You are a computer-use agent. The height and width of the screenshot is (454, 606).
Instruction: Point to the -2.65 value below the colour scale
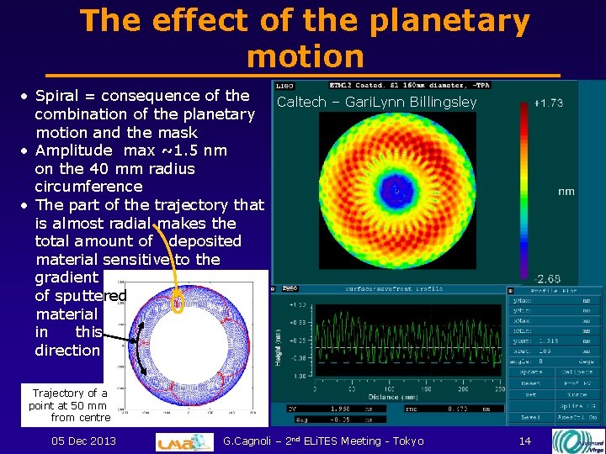tap(548, 278)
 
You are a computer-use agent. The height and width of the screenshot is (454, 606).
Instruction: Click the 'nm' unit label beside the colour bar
tap(566, 191)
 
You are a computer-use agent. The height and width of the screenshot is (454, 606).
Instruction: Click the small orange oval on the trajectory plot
tap(178, 301)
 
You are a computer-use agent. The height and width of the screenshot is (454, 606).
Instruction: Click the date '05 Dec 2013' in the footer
tap(83, 441)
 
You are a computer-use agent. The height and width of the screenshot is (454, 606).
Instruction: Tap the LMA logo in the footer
tap(184, 441)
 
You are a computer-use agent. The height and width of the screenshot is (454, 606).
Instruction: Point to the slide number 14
tap(525, 441)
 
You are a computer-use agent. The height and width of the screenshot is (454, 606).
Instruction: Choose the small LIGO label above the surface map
tap(284, 86)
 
